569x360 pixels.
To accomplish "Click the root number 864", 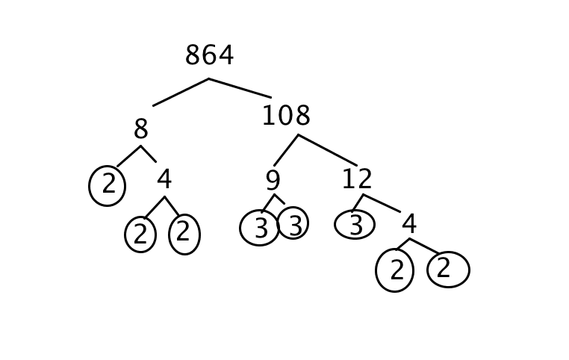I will coord(209,56).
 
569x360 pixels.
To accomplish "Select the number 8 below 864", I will coord(140,130).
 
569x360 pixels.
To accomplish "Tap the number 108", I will coord(285,117).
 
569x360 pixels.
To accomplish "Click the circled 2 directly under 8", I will coord(108,185).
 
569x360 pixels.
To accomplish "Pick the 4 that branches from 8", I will coord(164,180).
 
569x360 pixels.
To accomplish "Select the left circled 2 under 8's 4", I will coord(140,235).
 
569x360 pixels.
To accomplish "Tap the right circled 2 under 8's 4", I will coord(184,235).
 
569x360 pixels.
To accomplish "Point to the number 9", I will coord(273,181).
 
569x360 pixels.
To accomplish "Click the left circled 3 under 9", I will coord(259,228).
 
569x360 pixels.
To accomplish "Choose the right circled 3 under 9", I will coord(293,223).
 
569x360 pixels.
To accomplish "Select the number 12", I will coord(356,180).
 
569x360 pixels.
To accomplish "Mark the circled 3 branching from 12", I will coord(355,225).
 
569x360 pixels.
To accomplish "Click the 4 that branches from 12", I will coord(408,224).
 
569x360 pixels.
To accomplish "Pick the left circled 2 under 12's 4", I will coord(395,270).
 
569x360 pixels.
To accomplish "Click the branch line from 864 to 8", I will coord(181,92).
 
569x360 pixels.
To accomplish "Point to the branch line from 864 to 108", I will coord(240,87).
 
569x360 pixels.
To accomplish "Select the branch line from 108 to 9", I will coord(286,150).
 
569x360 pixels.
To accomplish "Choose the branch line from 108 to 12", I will coord(328,150).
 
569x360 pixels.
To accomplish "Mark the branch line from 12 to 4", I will coord(382,203).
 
